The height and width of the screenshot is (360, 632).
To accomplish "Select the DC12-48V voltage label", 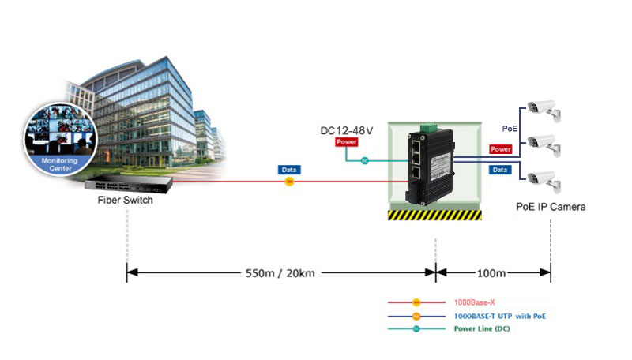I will coord(346,130).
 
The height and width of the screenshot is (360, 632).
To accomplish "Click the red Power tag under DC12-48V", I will coord(346,142).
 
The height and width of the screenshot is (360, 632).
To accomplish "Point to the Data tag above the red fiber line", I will coord(289,170).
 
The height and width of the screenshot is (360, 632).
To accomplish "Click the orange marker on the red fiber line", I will coord(289,182).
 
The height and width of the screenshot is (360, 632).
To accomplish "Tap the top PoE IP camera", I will coord(544,110).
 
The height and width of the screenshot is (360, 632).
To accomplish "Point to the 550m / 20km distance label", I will coord(280,273).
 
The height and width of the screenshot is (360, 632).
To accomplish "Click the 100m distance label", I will coord(491,273).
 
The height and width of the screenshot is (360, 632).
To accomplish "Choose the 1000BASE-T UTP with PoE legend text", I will coord(499,316).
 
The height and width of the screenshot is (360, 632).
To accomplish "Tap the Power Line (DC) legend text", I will coord(482,328).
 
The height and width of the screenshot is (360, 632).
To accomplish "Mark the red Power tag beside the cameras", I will coord(500,148).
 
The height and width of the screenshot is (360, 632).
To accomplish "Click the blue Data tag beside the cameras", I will coord(500,170).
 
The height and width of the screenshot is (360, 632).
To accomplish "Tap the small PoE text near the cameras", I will coord(510,127).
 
